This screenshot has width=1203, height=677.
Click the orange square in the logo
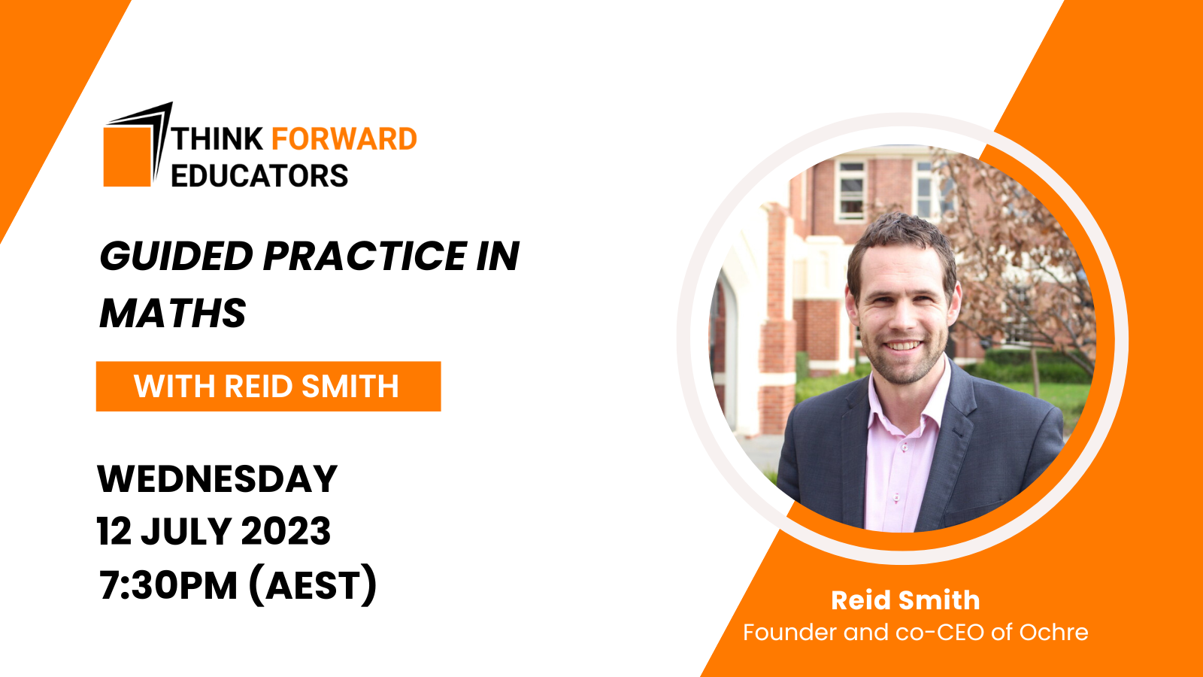tap(127, 156)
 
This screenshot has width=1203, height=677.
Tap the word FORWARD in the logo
tap(344, 139)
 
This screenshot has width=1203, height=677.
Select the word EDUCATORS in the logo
tap(259, 176)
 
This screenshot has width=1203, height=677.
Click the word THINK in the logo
tap(218, 139)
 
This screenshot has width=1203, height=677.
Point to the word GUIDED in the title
tap(177, 257)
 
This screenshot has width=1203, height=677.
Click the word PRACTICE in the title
tap(365, 257)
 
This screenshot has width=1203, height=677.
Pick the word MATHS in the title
tap(173, 314)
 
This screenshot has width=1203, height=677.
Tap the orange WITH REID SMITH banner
tap(268, 387)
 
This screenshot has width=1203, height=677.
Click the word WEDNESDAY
tap(217, 479)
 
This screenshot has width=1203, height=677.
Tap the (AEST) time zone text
tap(313, 586)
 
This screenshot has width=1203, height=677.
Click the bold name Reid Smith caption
tap(905, 600)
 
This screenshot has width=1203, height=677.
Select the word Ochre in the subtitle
tap(1053, 633)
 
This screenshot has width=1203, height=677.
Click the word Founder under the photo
tap(789, 633)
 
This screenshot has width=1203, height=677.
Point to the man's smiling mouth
tap(901, 347)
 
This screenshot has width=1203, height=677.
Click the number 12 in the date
tap(114, 532)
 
